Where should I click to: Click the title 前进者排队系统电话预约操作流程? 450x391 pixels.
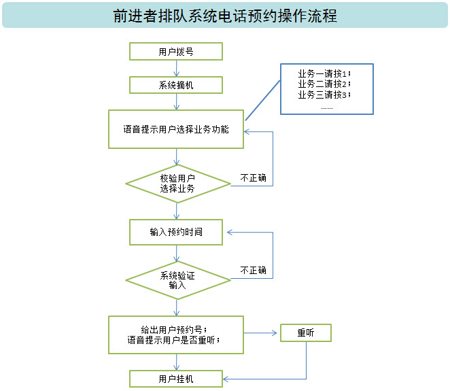pos(224,16)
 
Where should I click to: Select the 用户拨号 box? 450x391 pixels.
pos(176,52)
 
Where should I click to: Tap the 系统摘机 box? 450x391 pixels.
pos(176,85)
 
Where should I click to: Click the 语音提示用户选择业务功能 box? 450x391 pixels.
pos(176,129)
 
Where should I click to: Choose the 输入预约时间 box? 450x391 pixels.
pos(176,232)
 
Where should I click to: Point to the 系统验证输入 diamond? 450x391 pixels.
pos(177,280)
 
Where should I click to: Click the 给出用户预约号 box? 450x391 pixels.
pos(176,335)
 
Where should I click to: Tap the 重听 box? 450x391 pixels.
pos(305,333)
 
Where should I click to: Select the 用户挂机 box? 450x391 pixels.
pos(176,379)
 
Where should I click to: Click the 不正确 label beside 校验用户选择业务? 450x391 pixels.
pos(253,178)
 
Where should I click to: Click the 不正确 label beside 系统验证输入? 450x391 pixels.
pos(253,270)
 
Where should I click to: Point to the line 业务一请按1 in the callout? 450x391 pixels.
pos(324,73)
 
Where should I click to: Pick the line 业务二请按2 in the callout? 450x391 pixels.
pos(324,84)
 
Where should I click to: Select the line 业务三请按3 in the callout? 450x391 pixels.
pos(324,95)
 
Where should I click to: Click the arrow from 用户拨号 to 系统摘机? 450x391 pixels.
pos(177,68)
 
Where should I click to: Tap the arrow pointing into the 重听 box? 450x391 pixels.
pos(262,333)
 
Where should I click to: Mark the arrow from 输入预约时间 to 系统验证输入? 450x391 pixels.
pos(177,253)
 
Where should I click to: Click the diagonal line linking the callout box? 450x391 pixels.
pos(262,99)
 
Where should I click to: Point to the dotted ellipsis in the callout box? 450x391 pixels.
pos(326,107)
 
